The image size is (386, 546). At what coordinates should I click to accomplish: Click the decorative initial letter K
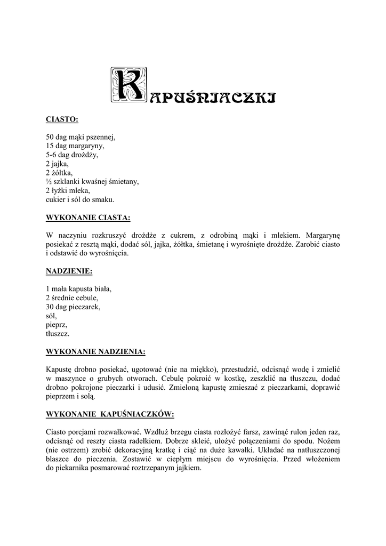coord(127,84)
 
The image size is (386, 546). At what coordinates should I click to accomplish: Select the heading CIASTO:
coord(62,118)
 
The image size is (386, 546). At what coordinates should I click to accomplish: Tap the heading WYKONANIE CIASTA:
coord(89,218)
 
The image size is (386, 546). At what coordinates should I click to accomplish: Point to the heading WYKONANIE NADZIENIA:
coord(96,352)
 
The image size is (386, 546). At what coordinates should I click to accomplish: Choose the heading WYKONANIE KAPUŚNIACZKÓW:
coord(110,414)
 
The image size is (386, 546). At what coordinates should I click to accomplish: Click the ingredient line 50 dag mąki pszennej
coord(81,136)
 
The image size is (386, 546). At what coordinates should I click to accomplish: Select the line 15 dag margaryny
coord(75,146)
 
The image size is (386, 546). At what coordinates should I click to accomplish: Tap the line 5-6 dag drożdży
coord(73,155)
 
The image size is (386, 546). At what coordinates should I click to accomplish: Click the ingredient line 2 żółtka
coord(59,173)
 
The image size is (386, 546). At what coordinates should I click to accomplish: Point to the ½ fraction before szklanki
coord(49,182)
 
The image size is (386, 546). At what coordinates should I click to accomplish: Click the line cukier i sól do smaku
coord(81,200)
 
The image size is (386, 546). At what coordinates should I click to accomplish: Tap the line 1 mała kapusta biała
coord(79,289)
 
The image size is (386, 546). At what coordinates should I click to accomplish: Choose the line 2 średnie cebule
coord(73,298)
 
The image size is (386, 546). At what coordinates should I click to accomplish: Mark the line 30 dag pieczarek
coord(74,307)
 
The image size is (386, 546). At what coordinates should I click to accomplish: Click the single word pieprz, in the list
coord(57,325)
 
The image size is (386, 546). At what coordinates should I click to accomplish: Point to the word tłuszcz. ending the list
coord(58,334)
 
